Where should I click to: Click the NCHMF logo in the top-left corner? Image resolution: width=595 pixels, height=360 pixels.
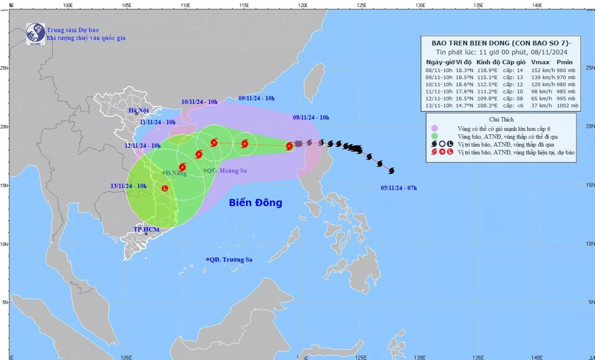click(x=35, y=33)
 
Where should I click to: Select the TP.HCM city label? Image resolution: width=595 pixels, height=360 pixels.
click(x=146, y=230)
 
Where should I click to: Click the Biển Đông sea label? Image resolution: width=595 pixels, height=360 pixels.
click(x=255, y=203)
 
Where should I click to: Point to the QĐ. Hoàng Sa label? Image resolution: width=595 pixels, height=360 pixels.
click(x=226, y=171)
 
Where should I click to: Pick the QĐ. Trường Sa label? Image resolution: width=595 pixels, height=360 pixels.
click(x=231, y=260)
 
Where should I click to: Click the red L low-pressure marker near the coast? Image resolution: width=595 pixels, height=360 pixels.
click(x=165, y=188)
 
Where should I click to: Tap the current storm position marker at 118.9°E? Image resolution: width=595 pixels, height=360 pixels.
click(x=289, y=146)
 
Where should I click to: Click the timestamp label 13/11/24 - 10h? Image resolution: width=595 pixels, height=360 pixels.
click(x=128, y=186)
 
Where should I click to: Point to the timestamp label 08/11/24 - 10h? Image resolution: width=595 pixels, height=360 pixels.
click(x=311, y=118)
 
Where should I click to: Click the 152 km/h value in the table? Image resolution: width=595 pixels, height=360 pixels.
click(x=540, y=70)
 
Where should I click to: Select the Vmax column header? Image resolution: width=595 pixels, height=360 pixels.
click(x=540, y=62)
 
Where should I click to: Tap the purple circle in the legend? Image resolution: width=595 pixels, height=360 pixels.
click(x=435, y=128)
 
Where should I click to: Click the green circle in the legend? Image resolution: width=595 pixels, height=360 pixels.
click(x=435, y=136)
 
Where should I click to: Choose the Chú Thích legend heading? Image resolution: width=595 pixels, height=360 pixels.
click(x=501, y=120)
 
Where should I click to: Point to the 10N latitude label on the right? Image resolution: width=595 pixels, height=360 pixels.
click(x=589, y=244)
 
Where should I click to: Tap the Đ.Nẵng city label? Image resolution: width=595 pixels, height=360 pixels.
click(x=176, y=173)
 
